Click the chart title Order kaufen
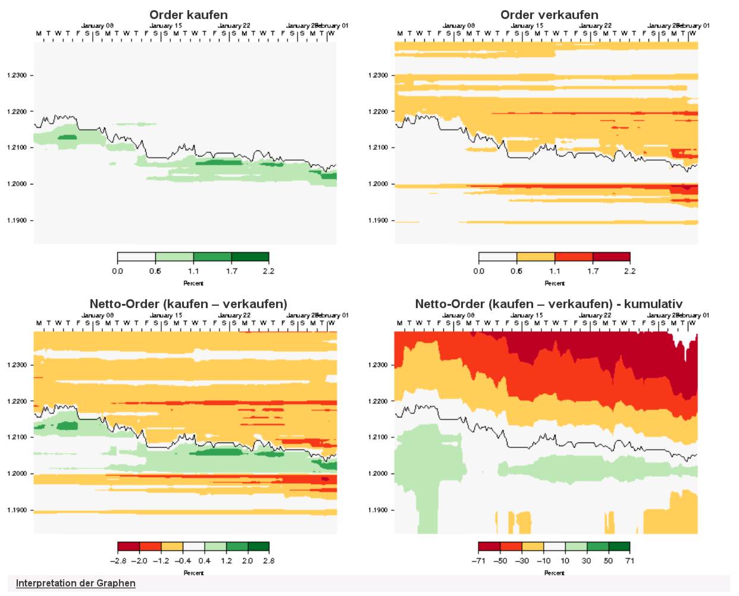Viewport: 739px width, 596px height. pyautogui.click(x=188, y=15)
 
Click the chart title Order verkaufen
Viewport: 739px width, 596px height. pyautogui.click(x=549, y=15)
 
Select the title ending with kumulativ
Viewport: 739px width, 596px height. pyautogui.click(x=549, y=304)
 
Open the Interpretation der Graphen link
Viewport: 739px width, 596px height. pyautogui.click(x=76, y=583)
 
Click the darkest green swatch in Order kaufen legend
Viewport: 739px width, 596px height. pyautogui.click(x=250, y=257)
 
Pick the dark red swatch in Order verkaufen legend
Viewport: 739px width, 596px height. pyautogui.click(x=611, y=257)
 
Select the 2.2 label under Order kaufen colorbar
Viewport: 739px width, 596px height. pyautogui.click(x=268, y=271)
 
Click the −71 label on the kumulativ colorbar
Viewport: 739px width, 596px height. pyautogui.click(x=479, y=561)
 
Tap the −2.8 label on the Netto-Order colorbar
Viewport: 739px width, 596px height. pyautogui.click(x=118, y=561)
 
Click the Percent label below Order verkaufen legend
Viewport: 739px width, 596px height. pyautogui.click(x=555, y=283)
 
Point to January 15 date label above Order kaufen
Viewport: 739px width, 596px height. pyautogui.click(x=165, y=26)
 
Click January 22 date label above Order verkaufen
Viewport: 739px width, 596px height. pyautogui.click(x=595, y=26)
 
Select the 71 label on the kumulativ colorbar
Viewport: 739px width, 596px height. pyautogui.click(x=630, y=561)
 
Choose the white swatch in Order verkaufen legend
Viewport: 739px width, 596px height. pyautogui.click(x=497, y=257)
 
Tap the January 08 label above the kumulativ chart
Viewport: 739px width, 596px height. pyautogui.click(x=458, y=315)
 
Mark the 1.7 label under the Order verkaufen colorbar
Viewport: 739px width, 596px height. pyautogui.click(x=593, y=271)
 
